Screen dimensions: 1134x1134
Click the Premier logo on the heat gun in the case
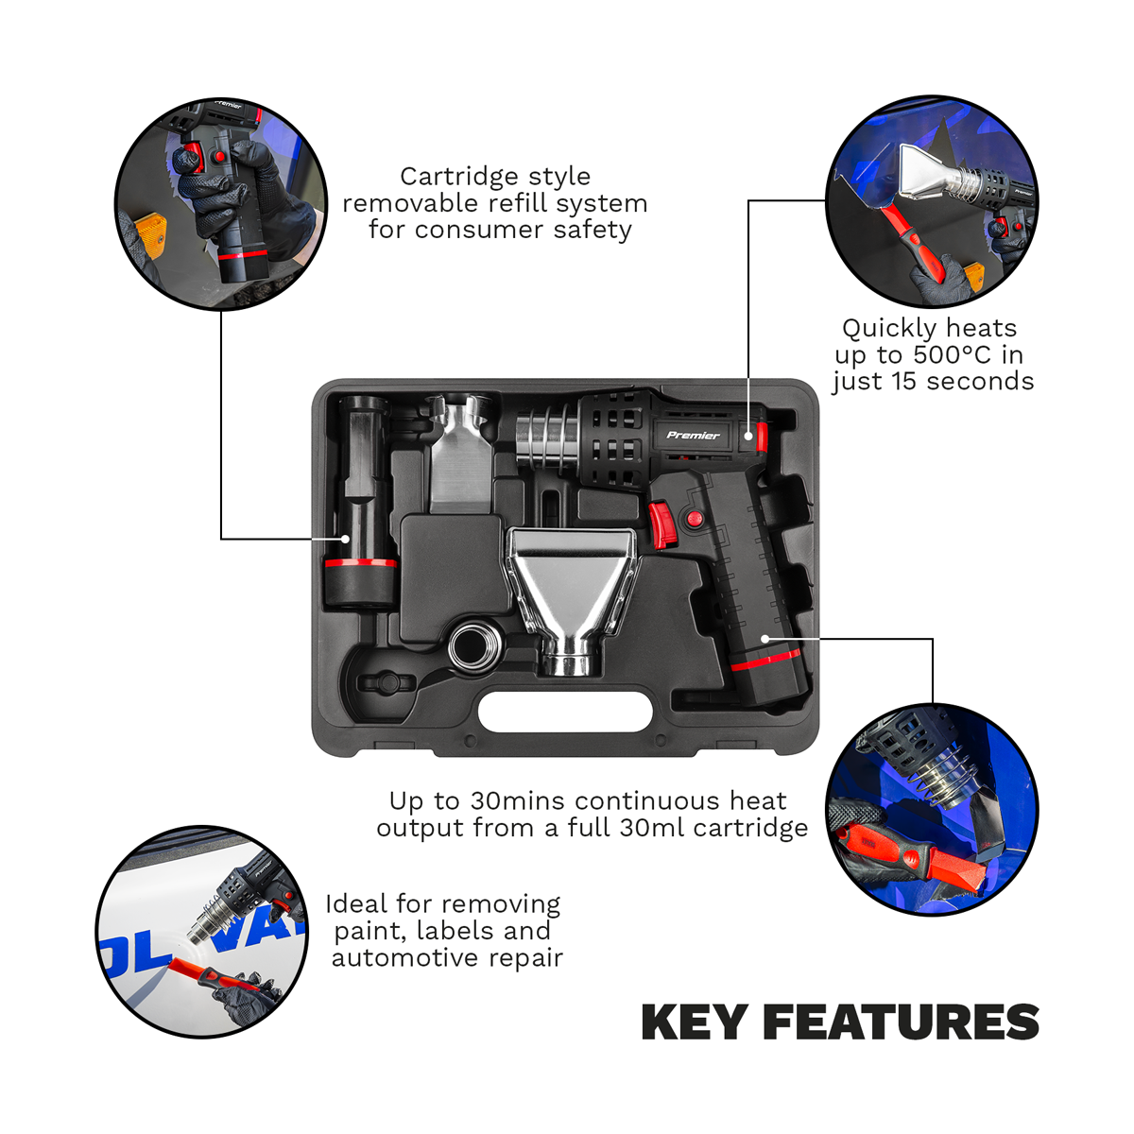coord(693,436)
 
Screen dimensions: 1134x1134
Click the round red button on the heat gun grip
coord(695,519)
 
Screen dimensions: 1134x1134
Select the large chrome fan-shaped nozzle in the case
coord(573,586)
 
